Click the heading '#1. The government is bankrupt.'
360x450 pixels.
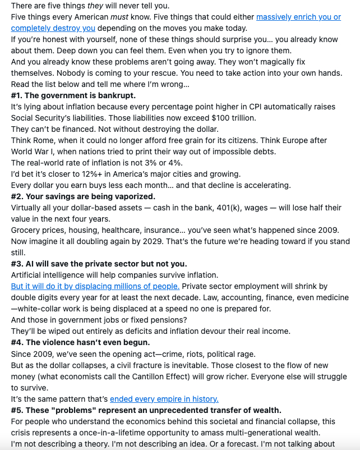coord(73,95)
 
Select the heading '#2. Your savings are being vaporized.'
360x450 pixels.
coord(83,196)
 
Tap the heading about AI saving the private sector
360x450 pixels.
coord(99,264)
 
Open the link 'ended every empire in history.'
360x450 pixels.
coord(164,399)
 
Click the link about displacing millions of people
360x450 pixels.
coord(95,286)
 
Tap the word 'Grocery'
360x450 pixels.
coord(27,230)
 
